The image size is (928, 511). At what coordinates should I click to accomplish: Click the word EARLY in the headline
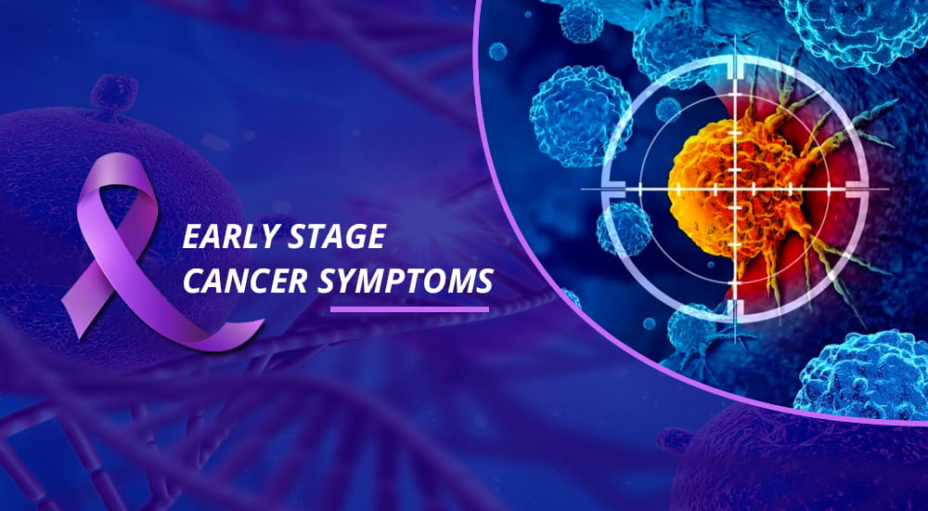229,237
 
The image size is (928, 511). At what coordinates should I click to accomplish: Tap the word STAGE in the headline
337,237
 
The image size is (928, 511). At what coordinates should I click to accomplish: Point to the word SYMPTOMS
406,281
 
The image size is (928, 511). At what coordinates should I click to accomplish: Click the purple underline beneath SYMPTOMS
409,308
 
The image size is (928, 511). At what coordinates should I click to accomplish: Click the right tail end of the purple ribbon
249,332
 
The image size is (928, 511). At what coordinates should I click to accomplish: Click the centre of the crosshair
735,190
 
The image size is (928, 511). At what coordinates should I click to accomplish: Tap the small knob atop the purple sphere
113,93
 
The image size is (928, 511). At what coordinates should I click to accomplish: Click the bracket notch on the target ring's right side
857,190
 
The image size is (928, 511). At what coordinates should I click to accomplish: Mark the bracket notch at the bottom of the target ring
735,310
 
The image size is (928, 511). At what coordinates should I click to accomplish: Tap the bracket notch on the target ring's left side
613,190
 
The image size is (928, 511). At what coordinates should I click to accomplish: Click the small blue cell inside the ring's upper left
668,109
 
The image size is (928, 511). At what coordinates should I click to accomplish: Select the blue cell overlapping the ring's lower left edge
625,229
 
